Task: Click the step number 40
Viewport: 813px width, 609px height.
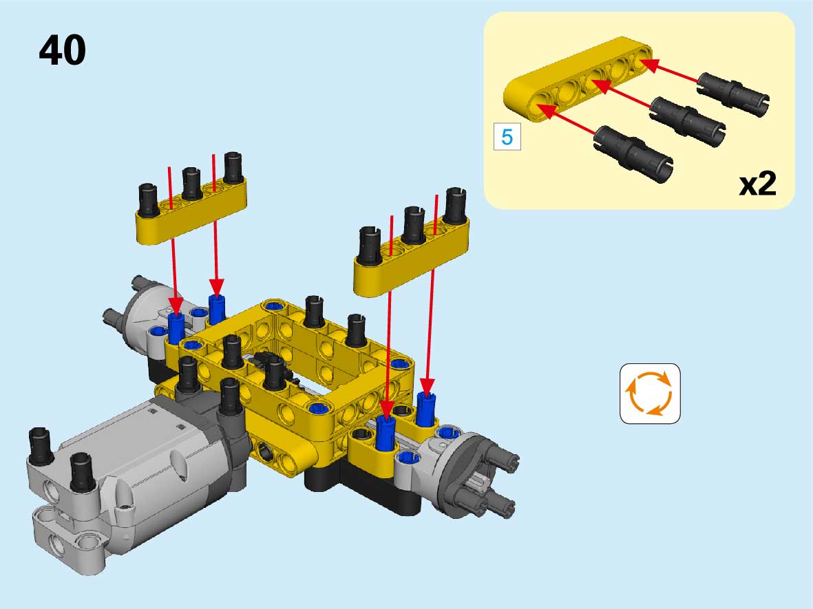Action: point(62,50)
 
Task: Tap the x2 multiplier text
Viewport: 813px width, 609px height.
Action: point(757,183)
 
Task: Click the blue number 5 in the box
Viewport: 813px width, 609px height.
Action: point(507,137)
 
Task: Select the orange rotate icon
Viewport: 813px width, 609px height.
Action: point(650,394)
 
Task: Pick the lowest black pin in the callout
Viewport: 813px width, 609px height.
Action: point(633,154)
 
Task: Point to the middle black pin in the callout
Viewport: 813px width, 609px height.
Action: point(688,120)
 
